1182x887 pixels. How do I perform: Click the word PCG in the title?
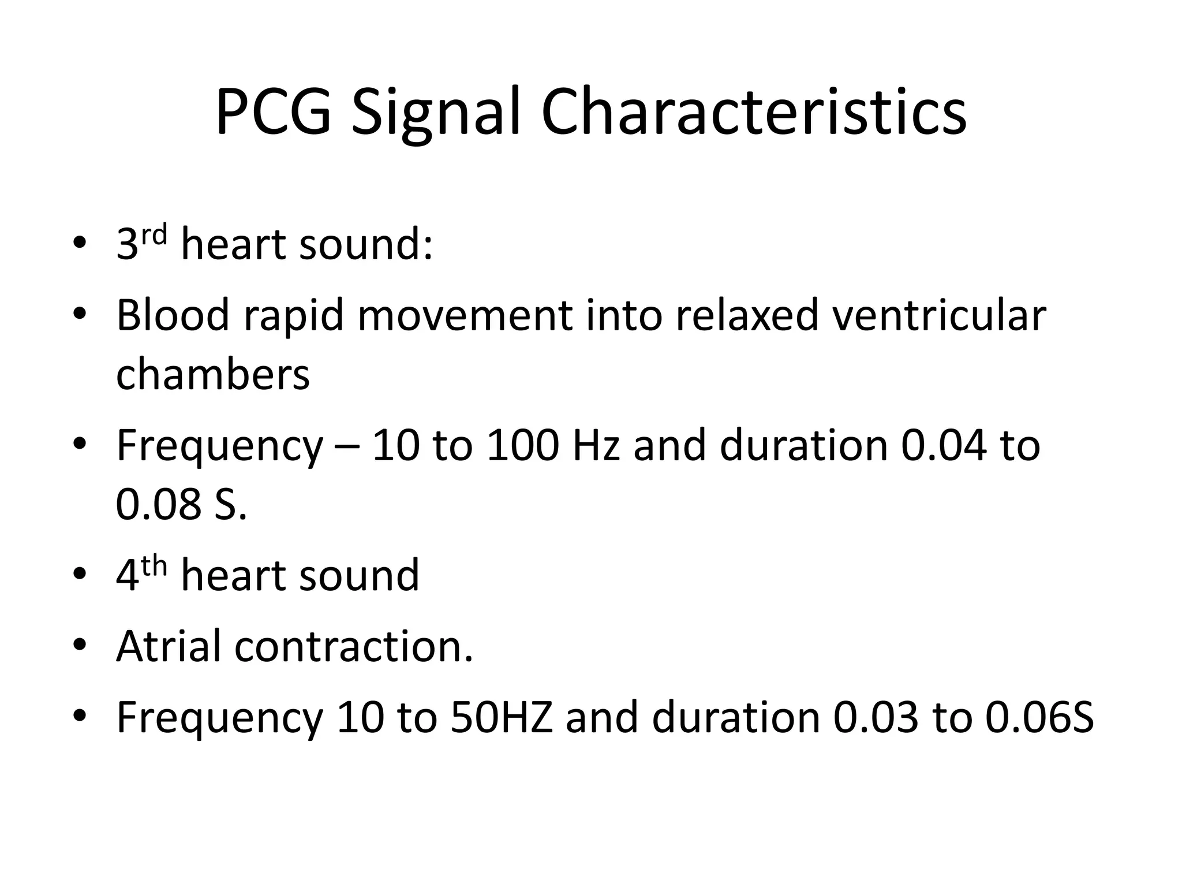tap(274, 112)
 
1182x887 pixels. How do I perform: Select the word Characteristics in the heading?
tap(753, 112)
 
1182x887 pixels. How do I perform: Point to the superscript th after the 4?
tap(154, 567)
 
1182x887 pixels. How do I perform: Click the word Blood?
tap(173, 315)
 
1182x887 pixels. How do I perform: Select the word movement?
tap(465, 315)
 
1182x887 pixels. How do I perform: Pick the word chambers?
tap(213, 374)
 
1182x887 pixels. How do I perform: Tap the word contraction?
tap(353, 646)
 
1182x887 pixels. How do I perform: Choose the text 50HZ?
tap(501, 717)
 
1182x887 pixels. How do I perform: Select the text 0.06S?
tap(1039, 717)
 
